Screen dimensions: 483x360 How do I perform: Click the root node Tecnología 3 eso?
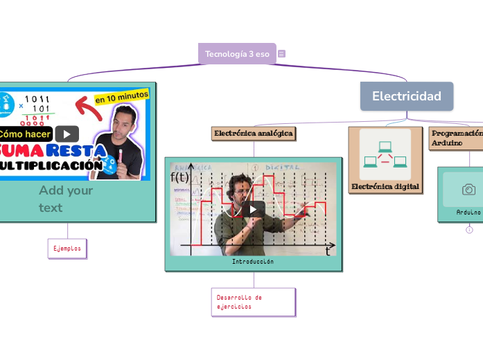point(237,54)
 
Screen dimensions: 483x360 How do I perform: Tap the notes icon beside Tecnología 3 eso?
point(281,54)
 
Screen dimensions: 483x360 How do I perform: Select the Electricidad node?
point(406,96)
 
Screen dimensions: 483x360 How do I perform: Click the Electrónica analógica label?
point(254,134)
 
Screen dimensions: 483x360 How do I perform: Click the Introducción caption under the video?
point(253,262)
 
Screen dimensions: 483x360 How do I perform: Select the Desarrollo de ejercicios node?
point(254,302)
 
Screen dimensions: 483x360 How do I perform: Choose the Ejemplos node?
point(67,248)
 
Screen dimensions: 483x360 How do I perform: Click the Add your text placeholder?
point(66,199)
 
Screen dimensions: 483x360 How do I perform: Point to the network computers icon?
point(385,154)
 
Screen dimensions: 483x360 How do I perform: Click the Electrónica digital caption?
point(385,186)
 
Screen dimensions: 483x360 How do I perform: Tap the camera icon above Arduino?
point(468,190)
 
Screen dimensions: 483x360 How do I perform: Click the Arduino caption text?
point(468,212)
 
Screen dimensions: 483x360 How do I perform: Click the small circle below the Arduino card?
point(469,230)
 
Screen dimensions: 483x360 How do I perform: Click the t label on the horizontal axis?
point(328,251)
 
